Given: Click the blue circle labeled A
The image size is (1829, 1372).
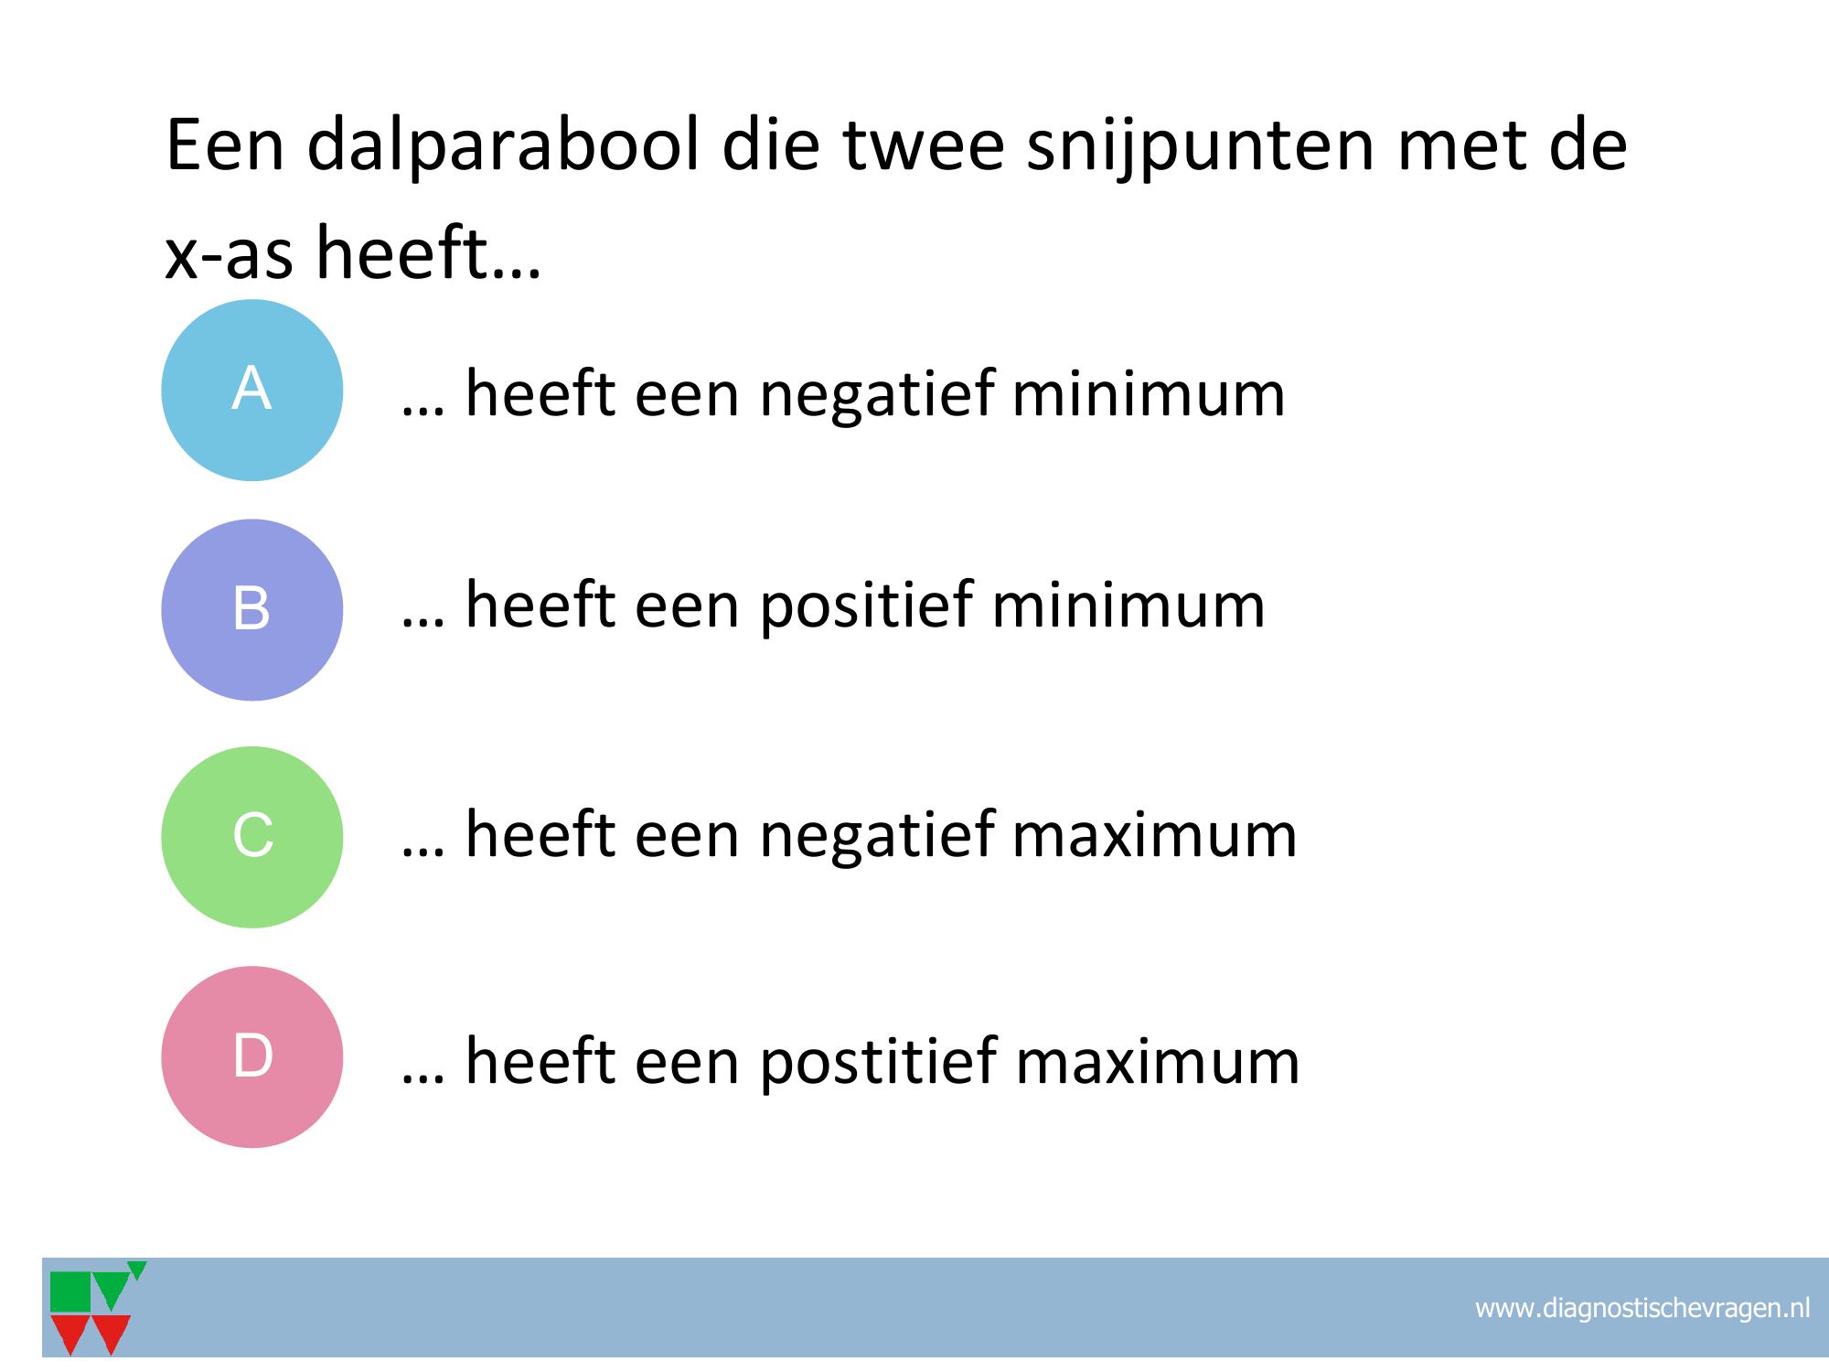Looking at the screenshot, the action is point(252,390).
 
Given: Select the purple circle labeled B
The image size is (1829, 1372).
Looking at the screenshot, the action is point(252,610).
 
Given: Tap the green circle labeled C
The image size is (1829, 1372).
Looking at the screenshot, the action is point(252,837).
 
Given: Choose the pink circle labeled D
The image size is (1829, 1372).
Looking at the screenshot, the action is point(252,1056).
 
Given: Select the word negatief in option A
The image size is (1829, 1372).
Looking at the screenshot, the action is point(877,394).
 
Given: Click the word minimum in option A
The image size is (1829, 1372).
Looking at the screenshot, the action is point(1149,394).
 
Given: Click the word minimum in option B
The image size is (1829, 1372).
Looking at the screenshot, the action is point(1128,606).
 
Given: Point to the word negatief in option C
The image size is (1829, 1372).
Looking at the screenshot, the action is point(877,834).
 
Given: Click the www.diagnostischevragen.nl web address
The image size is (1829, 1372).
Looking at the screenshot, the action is point(1642,1308).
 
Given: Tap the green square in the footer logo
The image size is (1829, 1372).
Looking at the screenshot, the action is point(70,1292).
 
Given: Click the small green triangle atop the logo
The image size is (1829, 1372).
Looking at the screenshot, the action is point(137,1270).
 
